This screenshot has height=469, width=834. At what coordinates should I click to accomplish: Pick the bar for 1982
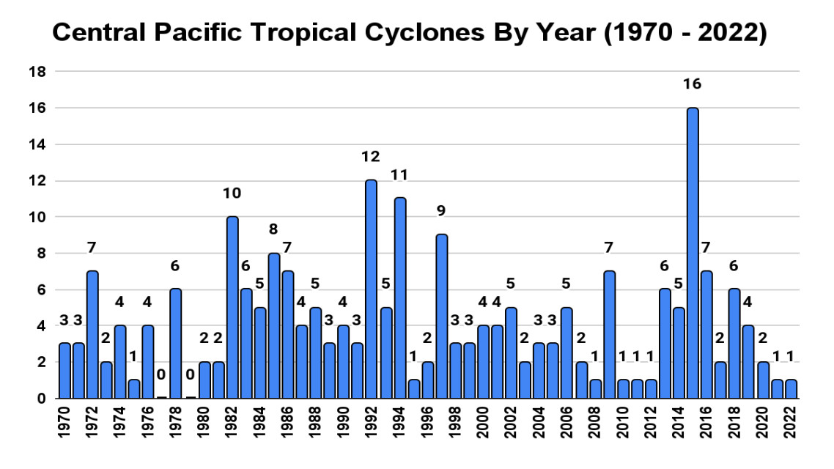232,308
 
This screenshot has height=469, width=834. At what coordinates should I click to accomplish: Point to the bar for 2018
734,344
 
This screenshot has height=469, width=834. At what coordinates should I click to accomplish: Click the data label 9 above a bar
441,211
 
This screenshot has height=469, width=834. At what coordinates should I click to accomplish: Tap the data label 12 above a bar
372,157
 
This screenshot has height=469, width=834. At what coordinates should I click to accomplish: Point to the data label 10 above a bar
232,193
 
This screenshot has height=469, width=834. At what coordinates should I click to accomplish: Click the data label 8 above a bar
274,229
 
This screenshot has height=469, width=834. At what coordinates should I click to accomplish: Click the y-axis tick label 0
42,399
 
